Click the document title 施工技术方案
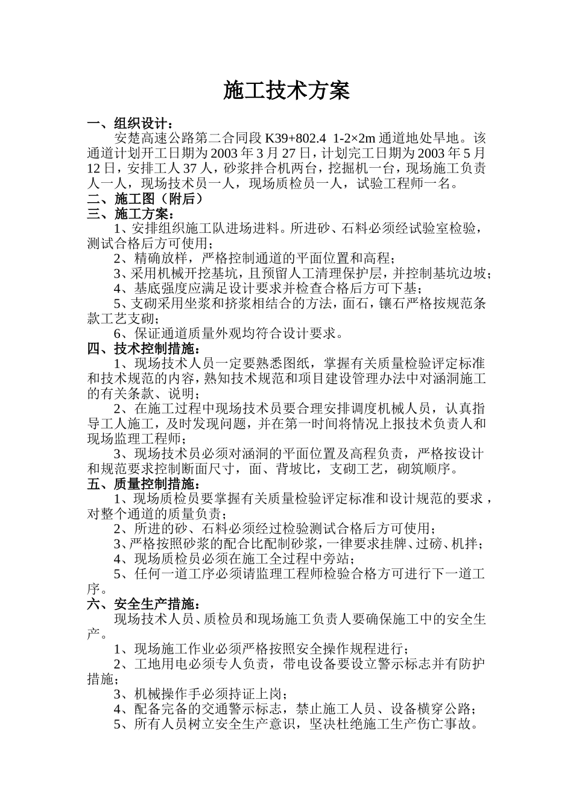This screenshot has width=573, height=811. pyautogui.click(x=286, y=91)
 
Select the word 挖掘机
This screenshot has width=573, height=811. pyautogui.click(x=335, y=169)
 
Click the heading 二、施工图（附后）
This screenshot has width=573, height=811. pyautogui.click(x=145, y=199)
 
